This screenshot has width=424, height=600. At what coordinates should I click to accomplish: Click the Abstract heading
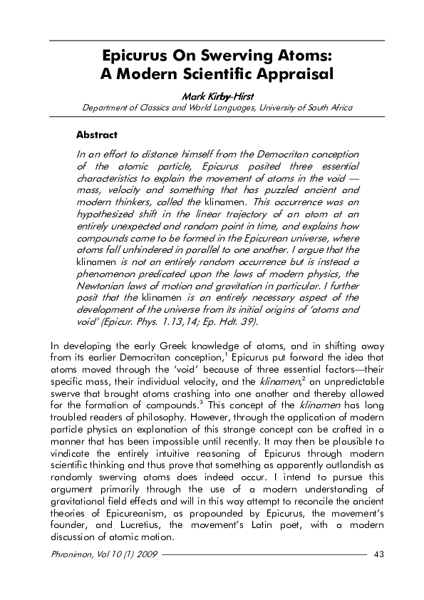click(96, 134)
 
